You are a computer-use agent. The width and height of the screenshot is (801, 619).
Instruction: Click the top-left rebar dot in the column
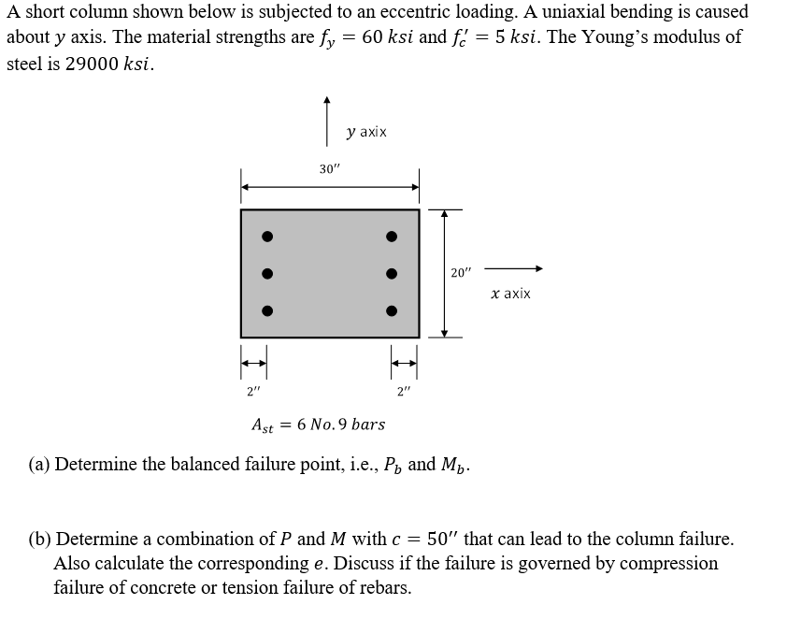coord(266,237)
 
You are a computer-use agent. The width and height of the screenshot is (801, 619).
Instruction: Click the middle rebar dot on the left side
coord(266,274)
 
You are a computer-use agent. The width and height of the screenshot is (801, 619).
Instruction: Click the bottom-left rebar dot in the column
coord(266,310)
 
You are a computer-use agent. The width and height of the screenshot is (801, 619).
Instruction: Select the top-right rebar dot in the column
coord(393,237)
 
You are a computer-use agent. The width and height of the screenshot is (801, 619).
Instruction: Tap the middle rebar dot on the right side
coord(393,274)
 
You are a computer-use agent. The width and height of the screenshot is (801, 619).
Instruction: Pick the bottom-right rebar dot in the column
coord(393,310)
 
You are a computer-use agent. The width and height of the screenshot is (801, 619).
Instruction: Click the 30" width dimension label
coord(330,169)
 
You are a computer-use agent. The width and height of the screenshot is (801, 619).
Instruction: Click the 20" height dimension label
coord(462,273)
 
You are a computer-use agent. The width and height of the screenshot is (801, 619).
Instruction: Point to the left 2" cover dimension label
coord(253,391)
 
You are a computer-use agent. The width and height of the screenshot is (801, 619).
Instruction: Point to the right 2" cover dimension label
coord(404,391)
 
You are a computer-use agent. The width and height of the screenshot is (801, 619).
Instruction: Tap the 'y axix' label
coord(366,133)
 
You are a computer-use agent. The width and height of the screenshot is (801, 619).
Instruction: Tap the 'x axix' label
coord(510,294)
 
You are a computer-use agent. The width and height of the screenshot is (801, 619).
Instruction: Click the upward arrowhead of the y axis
coord(326,99)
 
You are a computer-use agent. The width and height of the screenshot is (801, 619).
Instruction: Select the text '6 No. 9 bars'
coord(340,425)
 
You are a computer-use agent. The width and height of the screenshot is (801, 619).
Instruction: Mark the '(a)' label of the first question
coord(39,465)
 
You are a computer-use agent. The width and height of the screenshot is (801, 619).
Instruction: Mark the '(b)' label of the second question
coord(40,540)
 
